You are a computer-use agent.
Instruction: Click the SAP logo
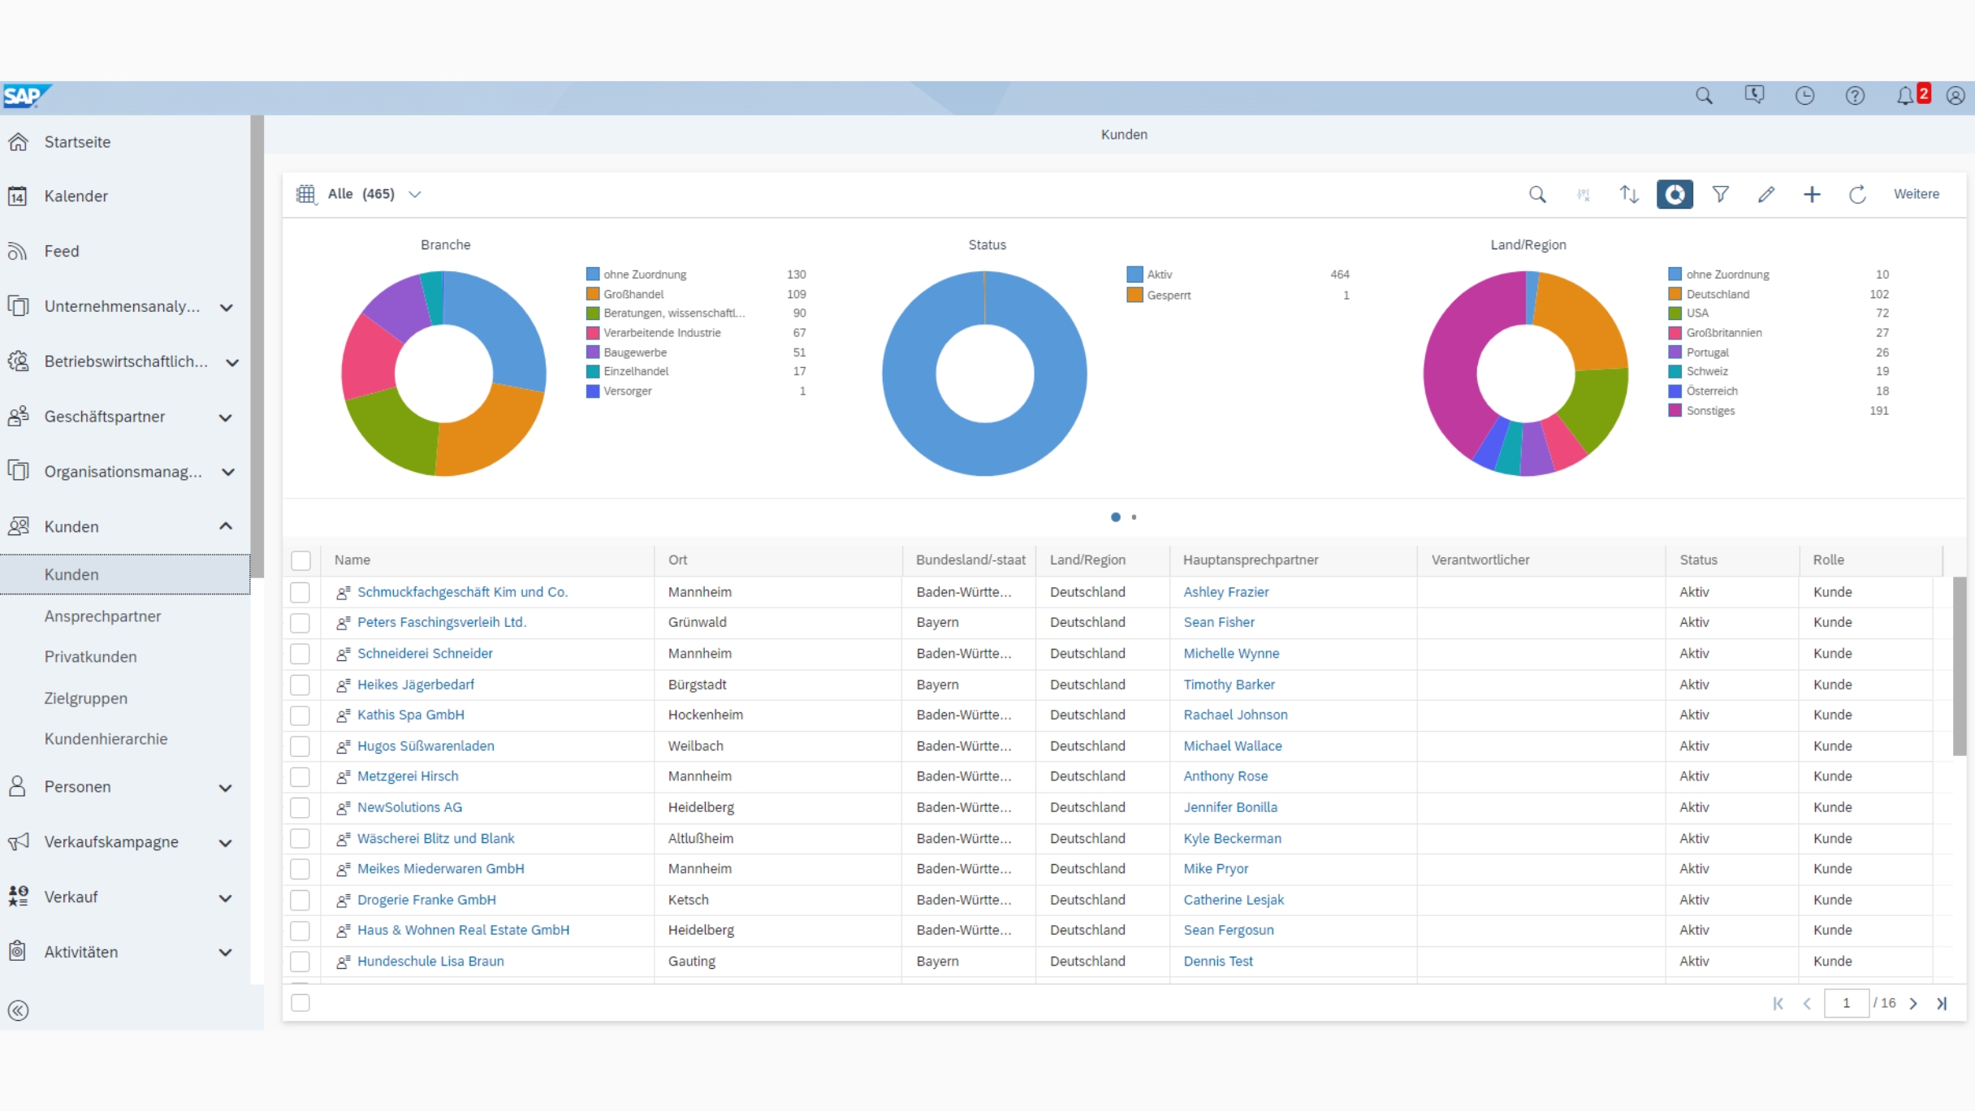point(24,96)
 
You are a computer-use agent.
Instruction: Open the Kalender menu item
point(76,196)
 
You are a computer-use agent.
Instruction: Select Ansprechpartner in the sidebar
point(102,616)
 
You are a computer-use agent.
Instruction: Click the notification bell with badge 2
point(1905,96)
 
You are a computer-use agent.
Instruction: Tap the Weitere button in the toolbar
point(1916,194)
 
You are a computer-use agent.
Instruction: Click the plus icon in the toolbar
point(1811,194)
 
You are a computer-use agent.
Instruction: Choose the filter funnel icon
point(1720,194)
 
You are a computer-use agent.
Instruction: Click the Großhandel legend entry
point(633,294)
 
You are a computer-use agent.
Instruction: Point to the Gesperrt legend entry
point(1168,295)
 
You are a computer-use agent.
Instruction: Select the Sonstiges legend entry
point(1709,411)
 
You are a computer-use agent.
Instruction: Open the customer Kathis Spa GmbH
point(410,715)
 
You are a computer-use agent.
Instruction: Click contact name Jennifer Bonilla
point(1230,807)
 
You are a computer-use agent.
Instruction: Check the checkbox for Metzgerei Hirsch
point(300,777)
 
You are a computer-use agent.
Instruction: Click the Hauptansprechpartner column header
point(1250,560)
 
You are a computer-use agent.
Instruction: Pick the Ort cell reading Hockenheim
point(705,715)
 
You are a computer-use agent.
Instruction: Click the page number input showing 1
point(1845,1003)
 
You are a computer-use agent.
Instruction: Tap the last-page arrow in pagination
point(1942,1004)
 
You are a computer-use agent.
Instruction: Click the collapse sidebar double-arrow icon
point(18,1010)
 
